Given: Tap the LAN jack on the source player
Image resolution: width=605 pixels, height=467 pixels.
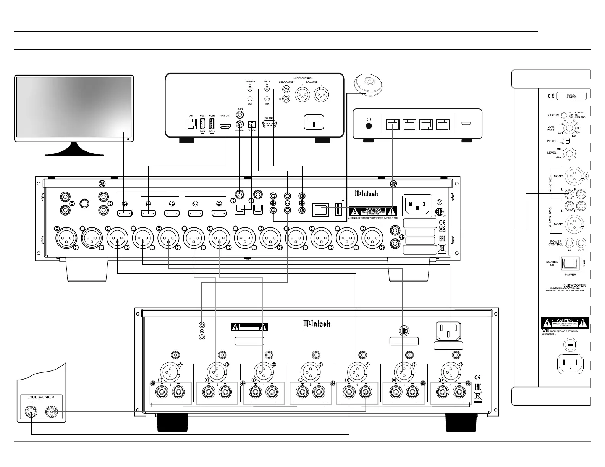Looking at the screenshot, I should tap(190, 124).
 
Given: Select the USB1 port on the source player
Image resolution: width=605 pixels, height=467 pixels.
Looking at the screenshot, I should tap(203, 124).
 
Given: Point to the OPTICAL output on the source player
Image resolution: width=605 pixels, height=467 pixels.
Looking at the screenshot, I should tap(252, 124).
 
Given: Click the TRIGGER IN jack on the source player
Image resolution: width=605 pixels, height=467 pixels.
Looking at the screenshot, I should tap(250, 89).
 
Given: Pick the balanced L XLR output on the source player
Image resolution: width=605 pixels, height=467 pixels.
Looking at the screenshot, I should tap(321, 94).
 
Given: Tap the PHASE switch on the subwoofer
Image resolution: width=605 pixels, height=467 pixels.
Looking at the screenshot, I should tap(567, 141).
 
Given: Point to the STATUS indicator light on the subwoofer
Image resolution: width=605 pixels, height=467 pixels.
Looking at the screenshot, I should tap(564, 115).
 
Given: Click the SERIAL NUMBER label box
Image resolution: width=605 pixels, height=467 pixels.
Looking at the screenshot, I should tap(571, 96).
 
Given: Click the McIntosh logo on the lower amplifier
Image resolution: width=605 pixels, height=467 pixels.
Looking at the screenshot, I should tap(317, 324).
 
